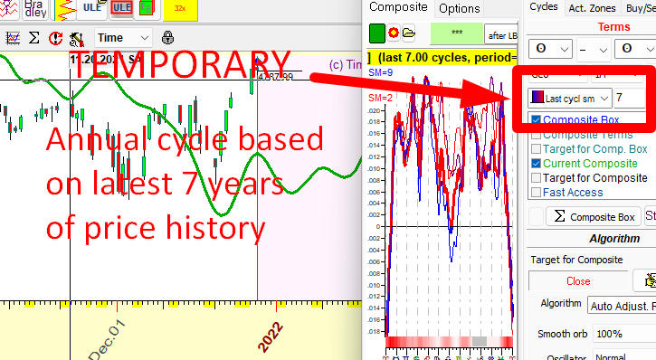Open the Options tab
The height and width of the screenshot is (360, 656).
[x=459, y=8]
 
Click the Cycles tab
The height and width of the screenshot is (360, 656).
[x=543, y=7]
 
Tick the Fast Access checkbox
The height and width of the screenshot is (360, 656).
[x=536, y=193]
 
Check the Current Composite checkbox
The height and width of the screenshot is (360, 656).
[x=536, y=164]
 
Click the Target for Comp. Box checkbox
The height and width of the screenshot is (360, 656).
[x=536, y=149]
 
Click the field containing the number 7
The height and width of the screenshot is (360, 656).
[x=628, y=97]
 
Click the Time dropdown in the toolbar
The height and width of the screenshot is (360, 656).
[x=124, y=38]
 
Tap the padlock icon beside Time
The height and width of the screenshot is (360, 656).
[x=167, y=38]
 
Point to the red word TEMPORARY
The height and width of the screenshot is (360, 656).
[x=181, y=65]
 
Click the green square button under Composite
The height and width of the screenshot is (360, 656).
[x=377, y=34]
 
